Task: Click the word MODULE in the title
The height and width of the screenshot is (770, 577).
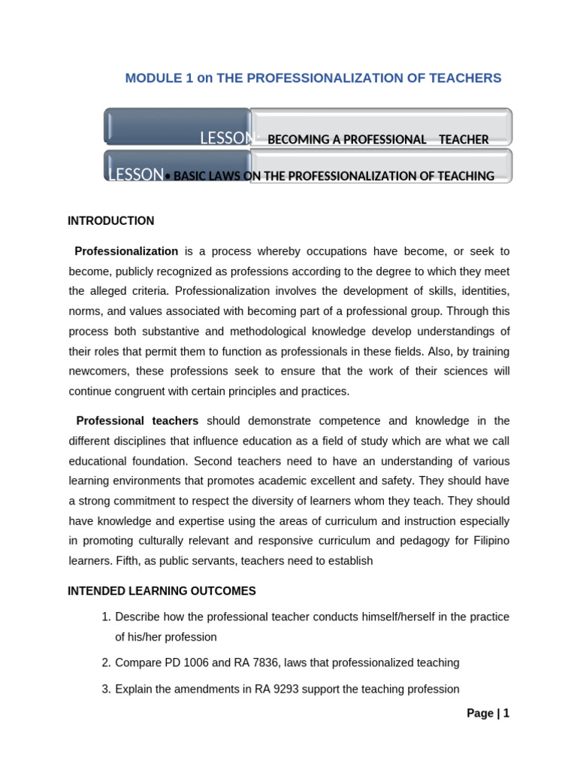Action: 152,78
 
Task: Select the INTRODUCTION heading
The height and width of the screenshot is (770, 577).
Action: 110,221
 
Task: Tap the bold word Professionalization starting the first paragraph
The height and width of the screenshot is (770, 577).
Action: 127,251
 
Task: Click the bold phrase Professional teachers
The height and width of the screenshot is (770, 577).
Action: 137,421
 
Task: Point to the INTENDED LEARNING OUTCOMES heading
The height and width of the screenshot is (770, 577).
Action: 162,591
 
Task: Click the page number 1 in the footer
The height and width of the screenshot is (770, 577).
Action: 506,714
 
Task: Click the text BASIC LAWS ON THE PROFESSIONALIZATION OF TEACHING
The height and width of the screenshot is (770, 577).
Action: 334,176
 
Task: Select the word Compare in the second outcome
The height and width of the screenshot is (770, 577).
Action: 137,663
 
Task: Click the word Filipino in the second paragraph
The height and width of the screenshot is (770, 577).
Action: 490,541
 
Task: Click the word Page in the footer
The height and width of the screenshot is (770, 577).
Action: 479,714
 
